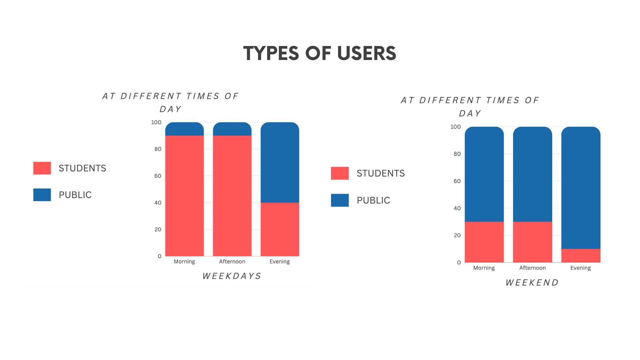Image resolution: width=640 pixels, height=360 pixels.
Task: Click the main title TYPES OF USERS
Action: pyautogui.click(x=320, y=53)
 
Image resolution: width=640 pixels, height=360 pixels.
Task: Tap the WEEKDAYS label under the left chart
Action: pyautogui.click(x=232, y=276)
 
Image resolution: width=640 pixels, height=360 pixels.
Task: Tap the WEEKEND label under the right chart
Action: pyautogui.click(x=532, y=283)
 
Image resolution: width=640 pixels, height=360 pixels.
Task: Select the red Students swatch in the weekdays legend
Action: pyautogui.click(x=42, y=168)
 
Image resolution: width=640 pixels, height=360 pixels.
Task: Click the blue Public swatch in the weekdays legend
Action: pyautogui.click(x=42, y=195)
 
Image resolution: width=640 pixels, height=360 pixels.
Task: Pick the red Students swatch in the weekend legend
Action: pyautogui.click(x=340, y=173)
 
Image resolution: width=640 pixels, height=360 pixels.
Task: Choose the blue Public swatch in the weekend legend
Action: pyautogui.click(x=340, y=200)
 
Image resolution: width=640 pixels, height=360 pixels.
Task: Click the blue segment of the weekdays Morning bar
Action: pyautogui.click(x=184, y=129)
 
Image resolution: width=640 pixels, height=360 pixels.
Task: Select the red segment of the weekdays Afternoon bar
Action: pyautogui.click(x=232, y=196)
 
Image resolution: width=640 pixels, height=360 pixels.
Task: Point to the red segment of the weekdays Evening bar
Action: pyautogui.click(x=280, y=229)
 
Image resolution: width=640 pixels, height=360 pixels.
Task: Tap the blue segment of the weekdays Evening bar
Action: pyautogui.click(x=280, y=162)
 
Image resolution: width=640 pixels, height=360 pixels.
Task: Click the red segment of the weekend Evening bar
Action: pyautogui.click(x=581, y=255)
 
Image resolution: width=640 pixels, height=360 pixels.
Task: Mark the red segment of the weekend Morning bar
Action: pyautogui.click(x=484, y=242)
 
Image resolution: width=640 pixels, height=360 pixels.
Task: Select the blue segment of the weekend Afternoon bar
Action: pyautogui.click(x=532, y=174)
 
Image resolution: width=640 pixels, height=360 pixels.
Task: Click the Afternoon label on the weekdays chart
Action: pyautogui.click(x=232, y=262)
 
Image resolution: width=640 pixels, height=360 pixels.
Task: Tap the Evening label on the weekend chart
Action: pyautogui.click(x=580, y=268)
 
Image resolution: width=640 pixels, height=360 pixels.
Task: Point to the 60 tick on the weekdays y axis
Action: pyautogui.click(x=158, y=176)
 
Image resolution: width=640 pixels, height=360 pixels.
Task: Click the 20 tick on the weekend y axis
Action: pyautogui.click(x=457, y=235)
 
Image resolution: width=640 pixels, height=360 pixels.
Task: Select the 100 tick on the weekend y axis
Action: pyautogui.click(x=455, y=127)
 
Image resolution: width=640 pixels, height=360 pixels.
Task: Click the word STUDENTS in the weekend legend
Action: pyautogui.click(x=381, y=173)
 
